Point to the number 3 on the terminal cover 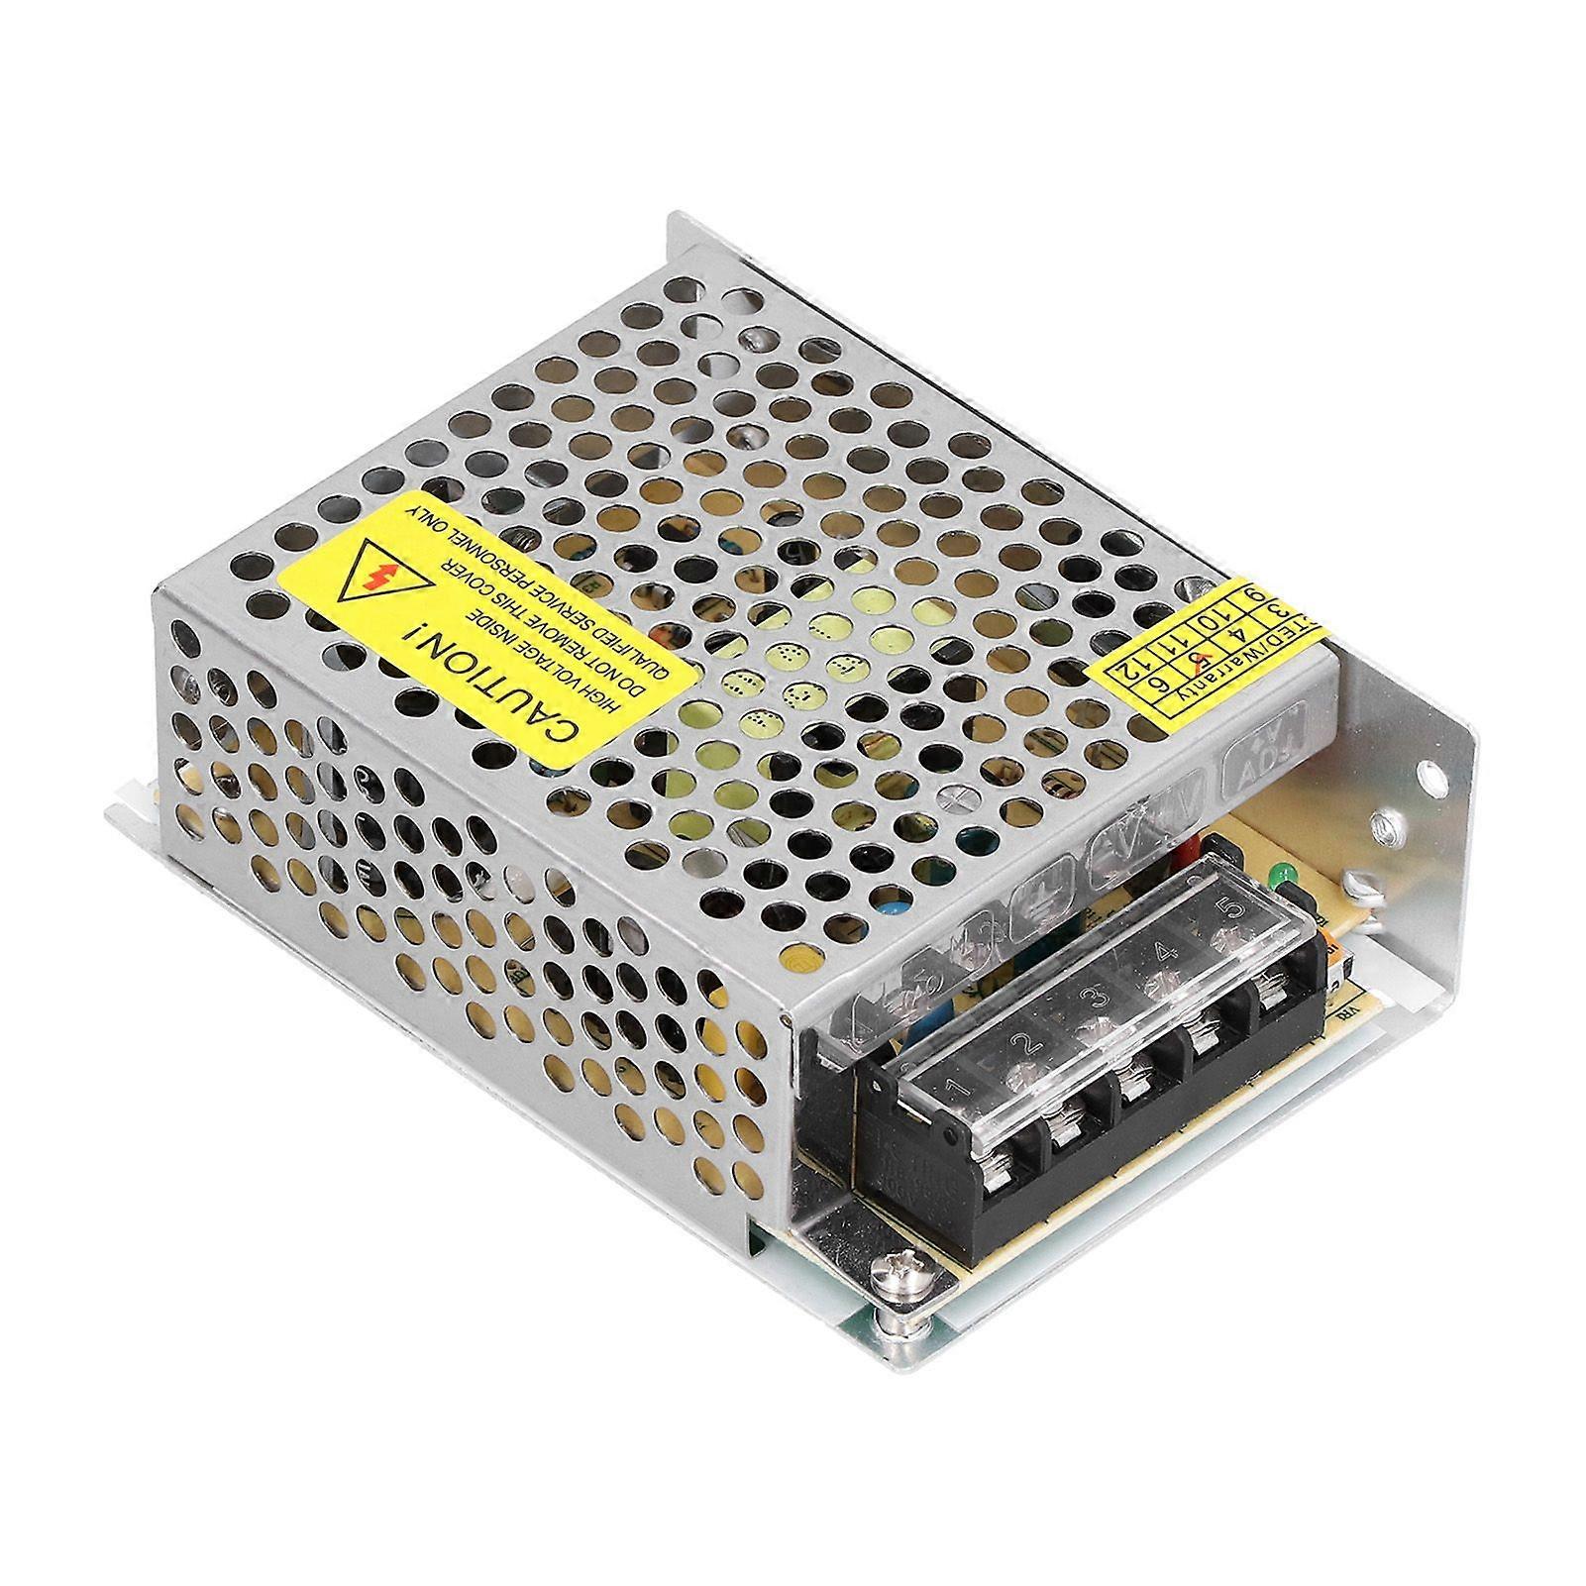click(x=1096, y=995)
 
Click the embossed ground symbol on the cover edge click(x=1034, y=903)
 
